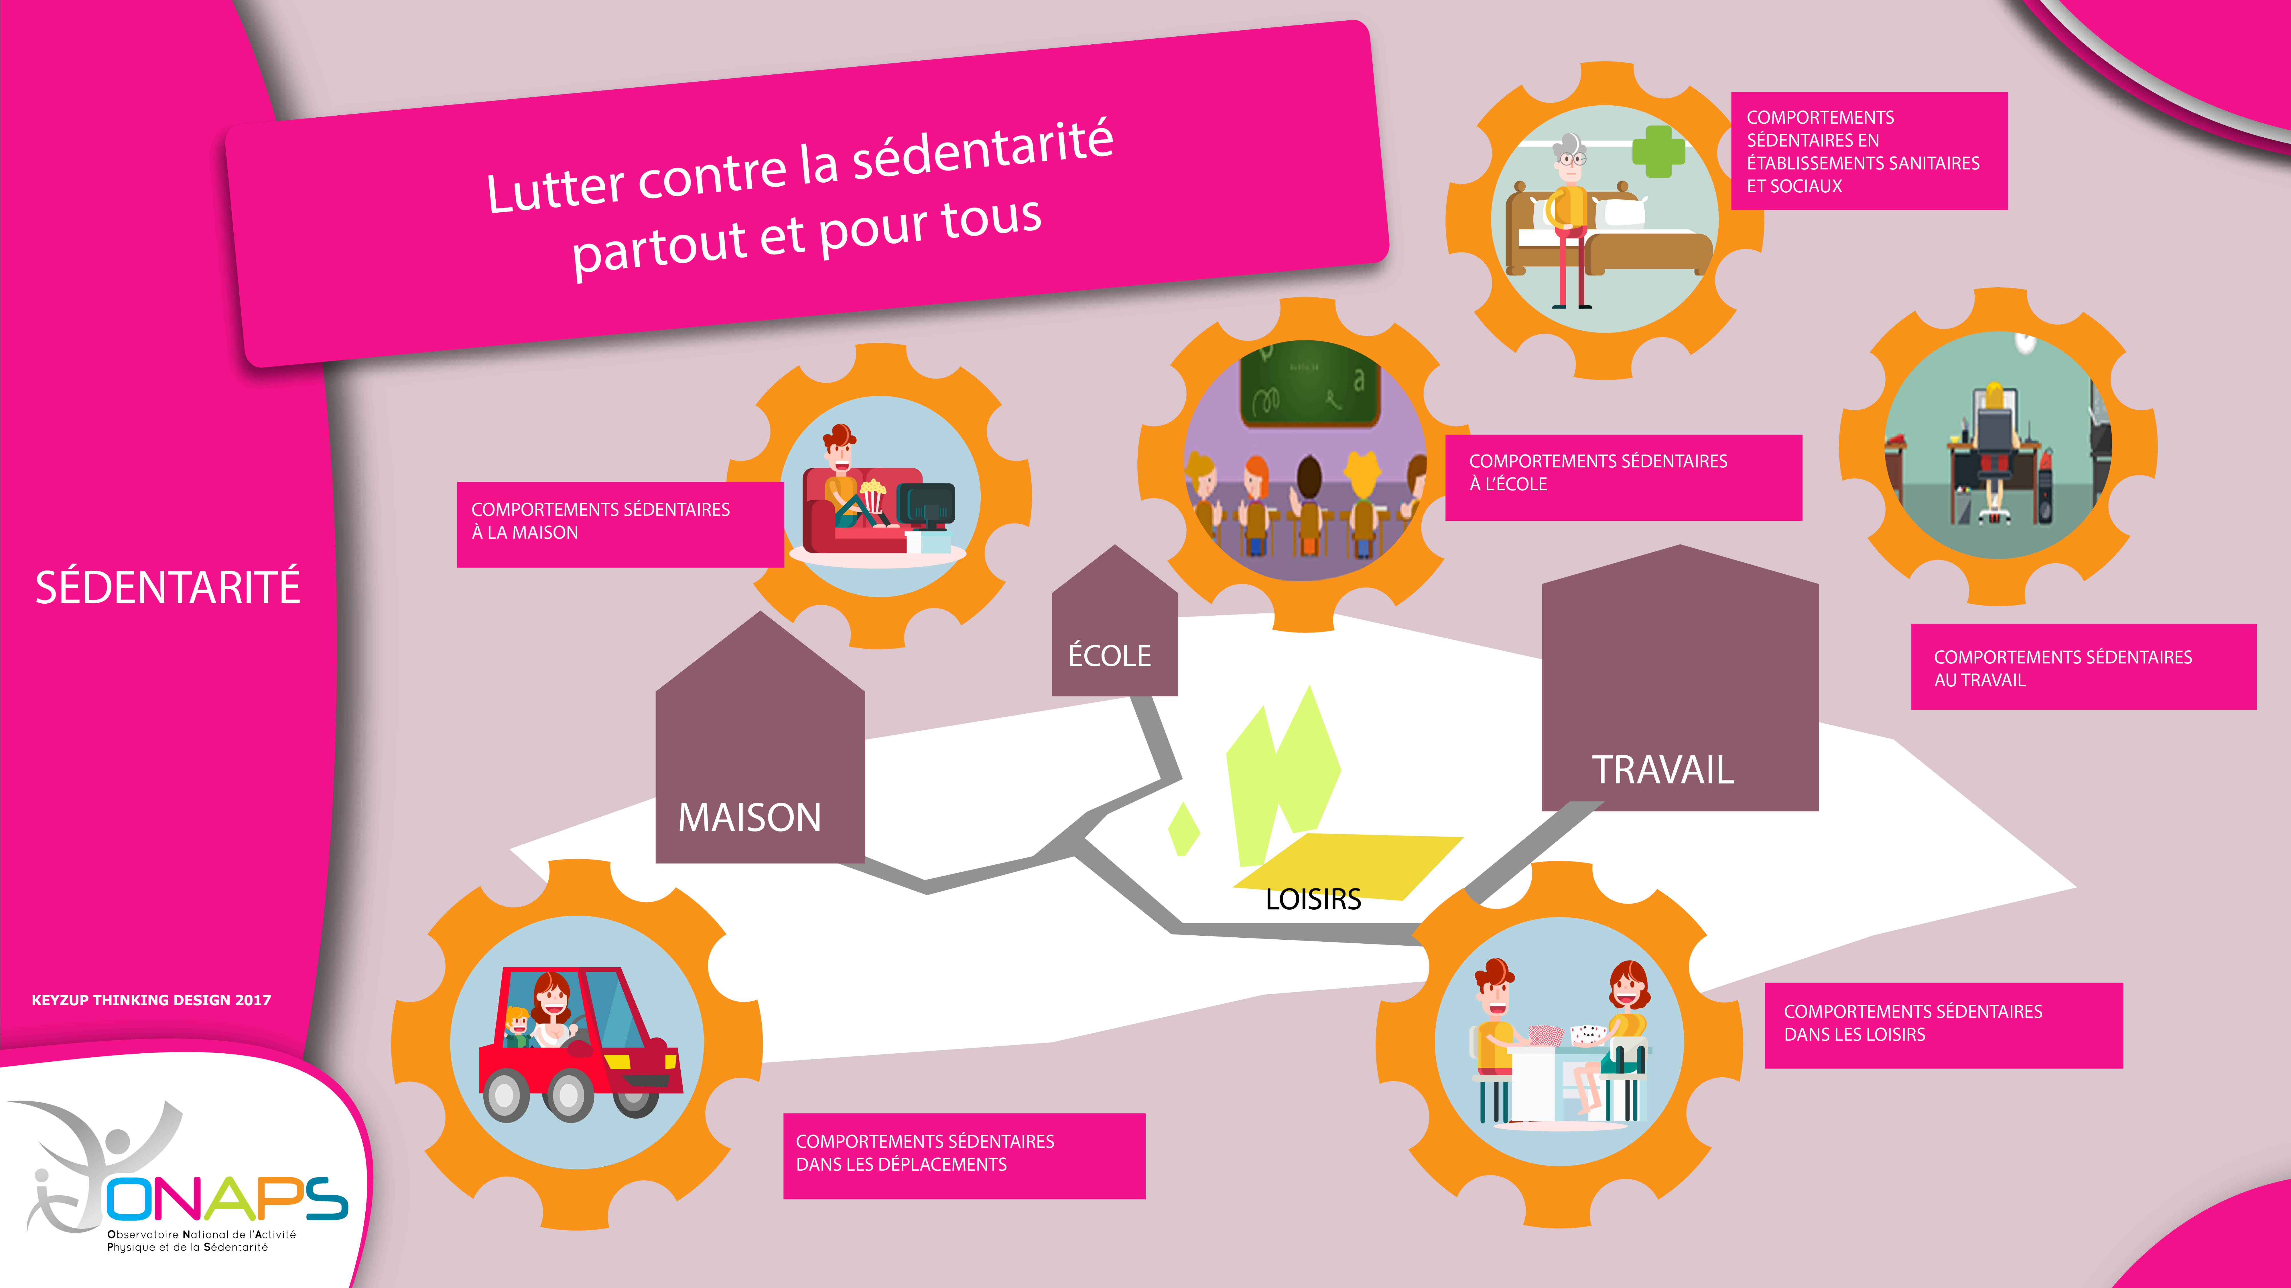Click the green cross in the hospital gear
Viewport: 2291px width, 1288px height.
point(1658,151)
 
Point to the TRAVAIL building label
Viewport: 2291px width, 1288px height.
point(1662,770)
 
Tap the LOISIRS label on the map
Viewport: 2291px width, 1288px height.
point(1313,900)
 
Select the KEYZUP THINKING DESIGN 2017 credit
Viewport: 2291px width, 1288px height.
point(151,1000)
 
